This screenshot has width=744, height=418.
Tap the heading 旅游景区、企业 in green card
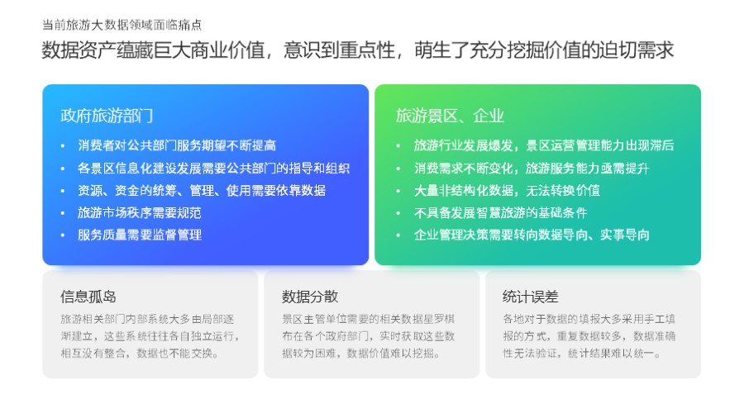[x=450, y=116]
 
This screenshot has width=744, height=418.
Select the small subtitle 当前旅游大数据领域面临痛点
[x=122, y=25]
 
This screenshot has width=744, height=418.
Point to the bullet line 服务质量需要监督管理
[x=139, y=235]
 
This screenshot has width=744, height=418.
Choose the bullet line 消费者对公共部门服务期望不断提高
[x=176, y=145]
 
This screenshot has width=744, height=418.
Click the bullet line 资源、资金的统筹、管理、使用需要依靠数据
[x=201, y=190]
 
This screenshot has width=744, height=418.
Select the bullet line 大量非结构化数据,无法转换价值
[x=507, y=190]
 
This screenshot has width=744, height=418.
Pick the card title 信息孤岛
[x=88, y=297]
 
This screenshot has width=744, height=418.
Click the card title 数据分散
[x=310, y=297]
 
